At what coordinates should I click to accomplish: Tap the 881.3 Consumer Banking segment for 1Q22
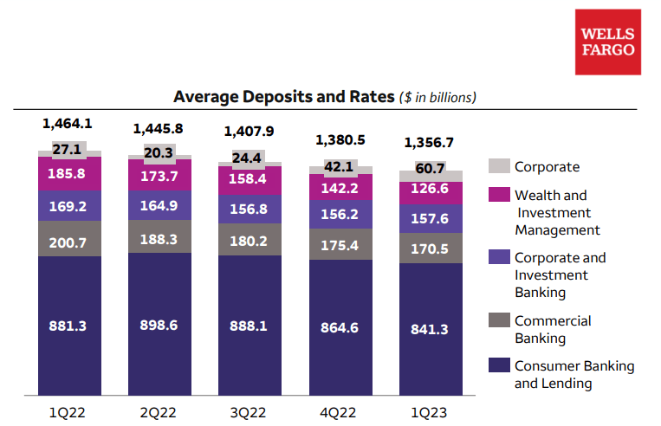tap(69, 326)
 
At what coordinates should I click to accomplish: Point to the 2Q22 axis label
tap(159, 410)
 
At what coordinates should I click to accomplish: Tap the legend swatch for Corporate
tap(498, 166)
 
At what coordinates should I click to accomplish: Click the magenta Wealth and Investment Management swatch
tap(498, 196)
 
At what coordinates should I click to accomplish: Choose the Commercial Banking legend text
tap(553, 329)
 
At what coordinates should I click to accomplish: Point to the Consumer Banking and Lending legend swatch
tap(498, 366)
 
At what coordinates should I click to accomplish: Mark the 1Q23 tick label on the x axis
tap(431, 410)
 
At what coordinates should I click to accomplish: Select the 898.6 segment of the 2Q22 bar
tap(159, 326)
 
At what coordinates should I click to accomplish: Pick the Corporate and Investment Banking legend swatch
tap(498, 258)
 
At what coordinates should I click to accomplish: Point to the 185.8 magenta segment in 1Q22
tap(69, 173)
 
